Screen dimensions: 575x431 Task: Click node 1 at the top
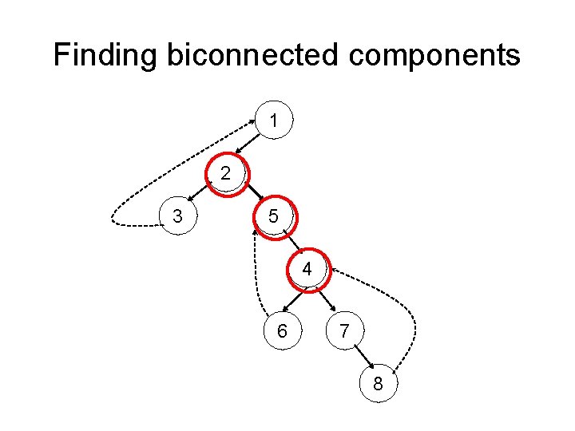tap(274, 122)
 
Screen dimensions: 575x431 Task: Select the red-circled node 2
tap(227, 172)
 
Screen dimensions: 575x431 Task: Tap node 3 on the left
tap(177, 216)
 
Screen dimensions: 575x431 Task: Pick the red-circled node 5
tap(273, 215)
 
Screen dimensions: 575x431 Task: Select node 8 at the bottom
tap(378, 385)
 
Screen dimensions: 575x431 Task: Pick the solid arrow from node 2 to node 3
tap(200, 195)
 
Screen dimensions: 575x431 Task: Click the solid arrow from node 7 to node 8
tap(361, 358)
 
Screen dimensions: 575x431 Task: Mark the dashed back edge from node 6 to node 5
tap(255, 271)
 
